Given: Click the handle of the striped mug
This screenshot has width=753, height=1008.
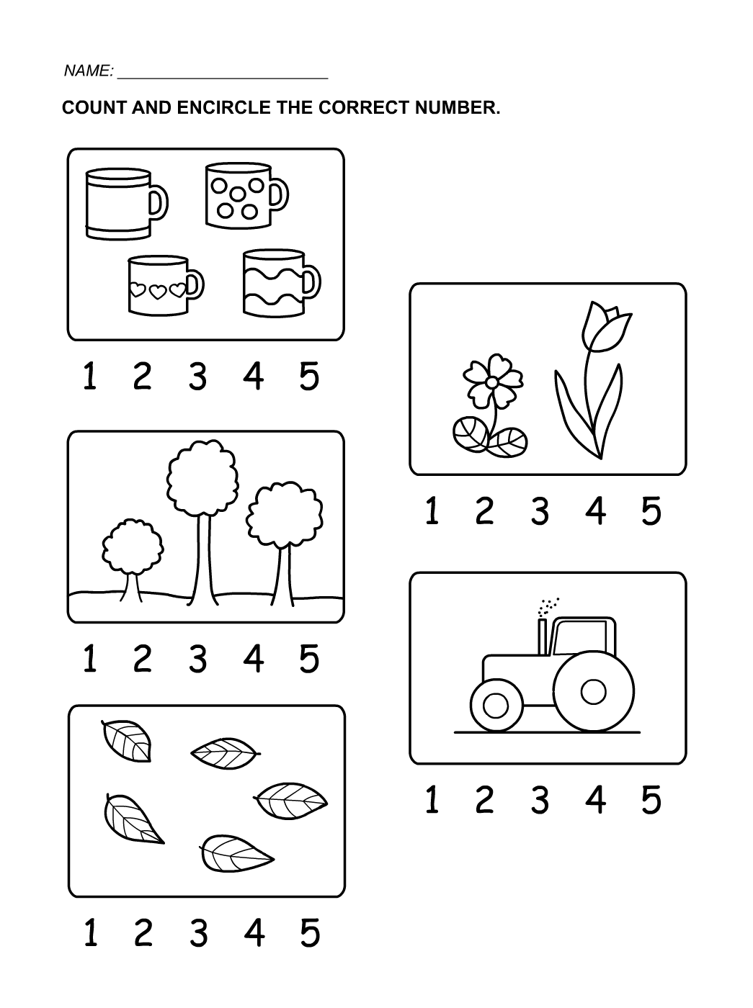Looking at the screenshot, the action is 159,202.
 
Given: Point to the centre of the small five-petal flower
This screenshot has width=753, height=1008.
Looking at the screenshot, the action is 491,382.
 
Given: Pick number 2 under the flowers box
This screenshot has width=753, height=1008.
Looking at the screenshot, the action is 484,510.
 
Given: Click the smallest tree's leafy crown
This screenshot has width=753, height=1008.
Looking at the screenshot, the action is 133,546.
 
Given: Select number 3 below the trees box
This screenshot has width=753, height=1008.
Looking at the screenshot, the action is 197,659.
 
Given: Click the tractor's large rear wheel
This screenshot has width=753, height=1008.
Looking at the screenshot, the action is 593,691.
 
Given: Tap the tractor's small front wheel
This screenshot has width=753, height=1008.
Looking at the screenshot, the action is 496,705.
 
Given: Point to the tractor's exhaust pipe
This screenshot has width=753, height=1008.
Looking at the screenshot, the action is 542,637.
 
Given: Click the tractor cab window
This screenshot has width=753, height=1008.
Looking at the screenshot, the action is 580,637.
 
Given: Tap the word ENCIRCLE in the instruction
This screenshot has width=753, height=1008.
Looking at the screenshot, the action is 224,107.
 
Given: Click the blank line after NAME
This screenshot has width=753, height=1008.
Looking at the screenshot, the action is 223,78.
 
